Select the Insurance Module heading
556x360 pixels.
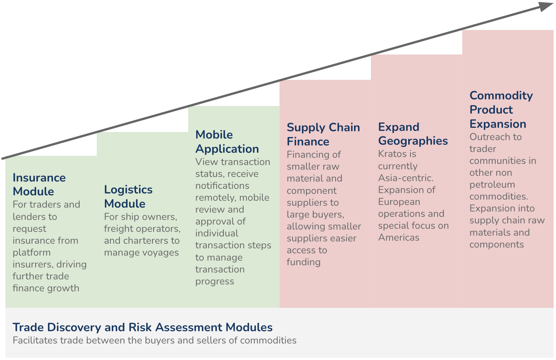pyautogui.click(x=39, y=185)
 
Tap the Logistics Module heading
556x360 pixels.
pyautogui.click(x=128, y=197)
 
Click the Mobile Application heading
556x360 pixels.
pyautogui.click(x=227, y=142)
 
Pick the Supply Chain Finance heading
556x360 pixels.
pyautogui.click(x=323, y=134)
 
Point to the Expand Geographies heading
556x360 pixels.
pyautogui.click(x=413, y=134)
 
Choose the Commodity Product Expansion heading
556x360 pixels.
pyautogui.click(x=501, y=110)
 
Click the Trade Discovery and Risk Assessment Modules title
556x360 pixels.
pyautogui.click(x=142, y=327)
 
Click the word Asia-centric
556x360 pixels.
pyautogui.click(x=406, y=178)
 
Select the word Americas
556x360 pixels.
pyautogui.click(x=399, y=238)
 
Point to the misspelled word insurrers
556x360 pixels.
pyautogui.click(x=32, y=264)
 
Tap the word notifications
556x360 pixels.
pyautogui.click(x=222, y=186)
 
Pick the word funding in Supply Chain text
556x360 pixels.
pyautogui.click(x=304, y=262)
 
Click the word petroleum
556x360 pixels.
pyautogui.click(x=492, y=185)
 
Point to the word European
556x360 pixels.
pyautogui.click(x=399, y=202)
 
